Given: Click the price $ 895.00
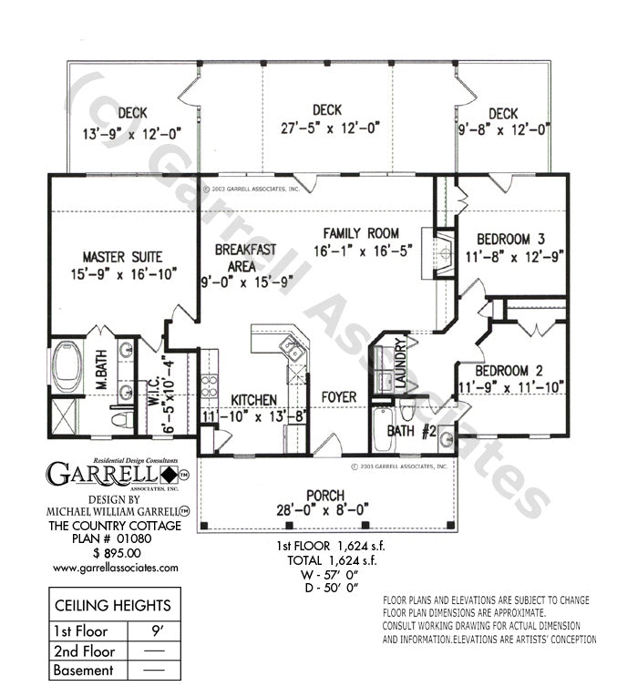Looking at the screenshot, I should pos(116,552).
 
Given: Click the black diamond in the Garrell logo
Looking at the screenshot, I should pos(170,475).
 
